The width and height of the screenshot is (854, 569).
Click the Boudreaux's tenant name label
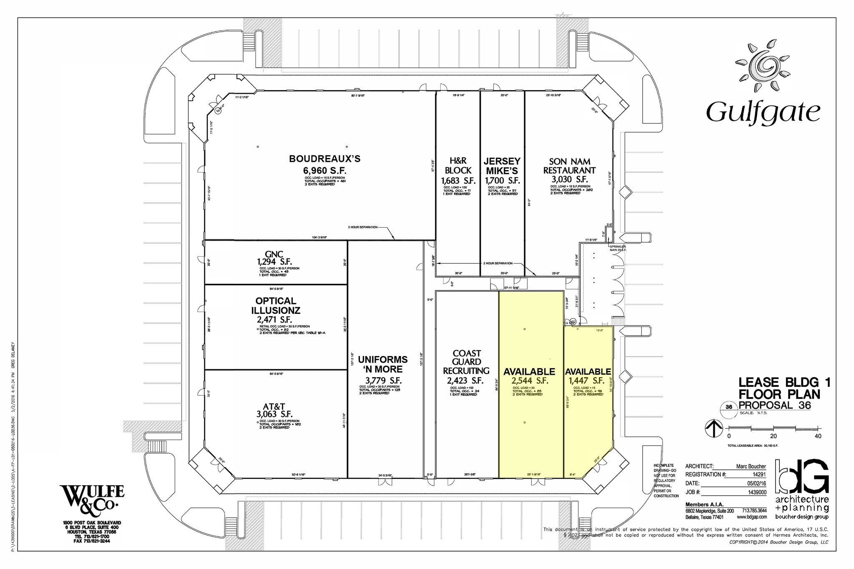[324, 159]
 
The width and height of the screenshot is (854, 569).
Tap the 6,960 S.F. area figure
[324, 171]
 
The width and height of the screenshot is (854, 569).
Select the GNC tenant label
[274, 254]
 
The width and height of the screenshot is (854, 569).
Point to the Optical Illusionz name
[276, 306]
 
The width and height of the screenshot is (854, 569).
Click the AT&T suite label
[274, 406]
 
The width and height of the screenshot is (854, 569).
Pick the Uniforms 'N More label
[383, 364]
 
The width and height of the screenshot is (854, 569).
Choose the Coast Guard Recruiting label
[466, 362]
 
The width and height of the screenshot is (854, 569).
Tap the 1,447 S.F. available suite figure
[586, 381]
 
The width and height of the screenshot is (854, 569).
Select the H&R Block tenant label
[458, 165]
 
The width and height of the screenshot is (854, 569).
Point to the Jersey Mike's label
[502, 166]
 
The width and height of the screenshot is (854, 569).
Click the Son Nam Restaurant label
[569, 166]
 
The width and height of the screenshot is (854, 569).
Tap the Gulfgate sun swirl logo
[763, 66]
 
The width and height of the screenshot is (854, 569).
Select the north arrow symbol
[713, 428]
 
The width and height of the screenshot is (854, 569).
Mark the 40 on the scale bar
[818, 436]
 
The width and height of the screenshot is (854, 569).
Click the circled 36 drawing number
[729, 407]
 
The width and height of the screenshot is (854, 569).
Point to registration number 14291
[759, 474]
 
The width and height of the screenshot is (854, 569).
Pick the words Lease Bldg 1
[784, 382]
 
